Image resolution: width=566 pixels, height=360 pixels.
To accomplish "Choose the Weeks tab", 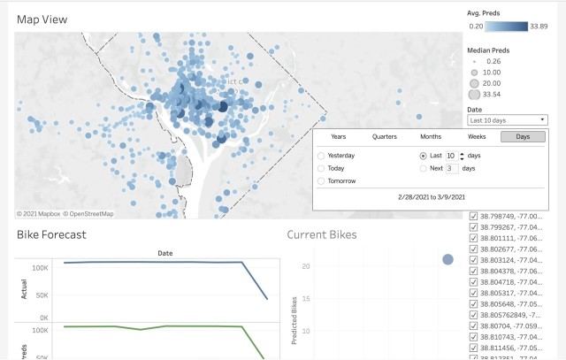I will click(x=476, y=136).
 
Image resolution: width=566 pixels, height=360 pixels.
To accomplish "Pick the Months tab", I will click(x=431, y=136).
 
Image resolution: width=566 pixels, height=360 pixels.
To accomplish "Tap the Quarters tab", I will click(x=385, y=136).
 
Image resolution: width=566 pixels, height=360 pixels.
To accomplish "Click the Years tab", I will click(x=339, y=136).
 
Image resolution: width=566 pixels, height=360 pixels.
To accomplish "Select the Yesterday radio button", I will click(x=321, y=156).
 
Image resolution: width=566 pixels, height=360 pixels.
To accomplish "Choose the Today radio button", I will click(x=321, y=168).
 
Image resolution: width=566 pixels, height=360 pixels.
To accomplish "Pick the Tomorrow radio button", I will click(x=321, y=180).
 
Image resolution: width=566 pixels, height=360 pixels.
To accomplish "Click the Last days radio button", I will click(x=424, y=156).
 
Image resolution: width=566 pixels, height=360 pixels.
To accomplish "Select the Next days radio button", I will click(x=424, y=168).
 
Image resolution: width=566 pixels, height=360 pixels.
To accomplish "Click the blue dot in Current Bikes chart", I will click(x=448, y=259).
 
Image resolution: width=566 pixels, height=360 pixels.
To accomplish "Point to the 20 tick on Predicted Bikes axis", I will click(x=304, y=265).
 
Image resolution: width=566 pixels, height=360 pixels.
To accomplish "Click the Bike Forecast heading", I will click(x=51, y=235).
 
